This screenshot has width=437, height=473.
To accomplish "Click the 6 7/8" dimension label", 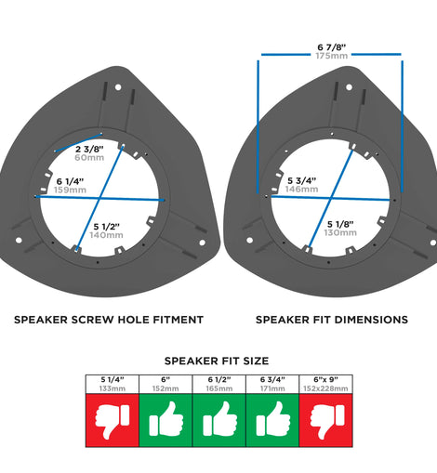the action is [332, 47].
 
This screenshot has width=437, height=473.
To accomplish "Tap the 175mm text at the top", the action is [332, 56].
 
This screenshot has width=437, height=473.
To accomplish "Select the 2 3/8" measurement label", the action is [89, 150].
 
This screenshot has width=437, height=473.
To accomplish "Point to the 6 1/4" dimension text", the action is [70, 181].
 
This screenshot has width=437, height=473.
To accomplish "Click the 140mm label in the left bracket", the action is [106, 235].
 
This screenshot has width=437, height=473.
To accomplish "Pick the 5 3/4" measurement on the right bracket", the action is [301, 180].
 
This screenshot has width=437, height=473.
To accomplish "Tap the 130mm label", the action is [340, 232].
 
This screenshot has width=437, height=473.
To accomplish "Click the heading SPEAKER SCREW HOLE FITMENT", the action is [109, 320].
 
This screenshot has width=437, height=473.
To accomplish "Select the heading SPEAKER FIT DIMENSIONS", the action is [332, 320].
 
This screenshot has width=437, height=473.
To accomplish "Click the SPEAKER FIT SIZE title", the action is [217, 361].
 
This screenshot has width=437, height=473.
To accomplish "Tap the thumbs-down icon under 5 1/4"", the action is [113, 421].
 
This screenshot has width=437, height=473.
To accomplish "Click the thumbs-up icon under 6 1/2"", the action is [219, 419].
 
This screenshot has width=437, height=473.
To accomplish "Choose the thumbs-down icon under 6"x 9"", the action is [326, 421].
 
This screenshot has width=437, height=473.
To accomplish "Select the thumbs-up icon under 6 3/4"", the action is [273, 419].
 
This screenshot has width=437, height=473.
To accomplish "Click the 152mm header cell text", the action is [166, 388].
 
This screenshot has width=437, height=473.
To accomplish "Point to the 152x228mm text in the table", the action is [325, 388].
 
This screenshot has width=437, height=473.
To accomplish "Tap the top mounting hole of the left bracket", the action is [118, 87].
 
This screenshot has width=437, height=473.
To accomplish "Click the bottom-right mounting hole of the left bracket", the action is [202, 243].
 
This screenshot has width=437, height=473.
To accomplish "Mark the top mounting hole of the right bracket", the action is [349, 87].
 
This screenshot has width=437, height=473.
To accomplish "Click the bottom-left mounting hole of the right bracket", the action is [249, 240].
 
